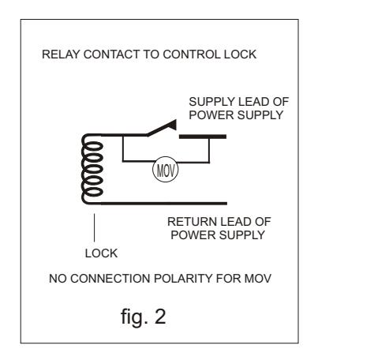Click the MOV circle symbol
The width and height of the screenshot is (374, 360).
click(166, 169)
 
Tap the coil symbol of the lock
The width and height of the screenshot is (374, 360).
click(92, 169)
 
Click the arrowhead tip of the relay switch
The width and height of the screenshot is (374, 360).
click(175, 120)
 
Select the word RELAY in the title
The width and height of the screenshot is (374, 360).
click(61, 54)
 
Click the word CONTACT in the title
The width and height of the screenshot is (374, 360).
click(111, 54)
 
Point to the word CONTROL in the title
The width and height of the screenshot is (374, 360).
click(192, 54)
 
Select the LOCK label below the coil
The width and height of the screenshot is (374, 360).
click(101, 253)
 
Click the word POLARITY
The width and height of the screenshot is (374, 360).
click(183, 279)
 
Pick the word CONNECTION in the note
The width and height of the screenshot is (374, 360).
click(110, 279)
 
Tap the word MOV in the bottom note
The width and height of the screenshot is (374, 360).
click(258, 279)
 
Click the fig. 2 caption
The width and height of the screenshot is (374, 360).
click(144, 317)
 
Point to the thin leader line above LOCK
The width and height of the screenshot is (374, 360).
click(94, 227)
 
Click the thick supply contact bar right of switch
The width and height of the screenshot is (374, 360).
click(203, 137)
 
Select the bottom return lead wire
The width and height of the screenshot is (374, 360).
click(163, 204)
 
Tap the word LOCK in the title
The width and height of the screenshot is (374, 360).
click(240, 54)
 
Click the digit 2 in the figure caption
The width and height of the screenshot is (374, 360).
click(160, 316)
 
